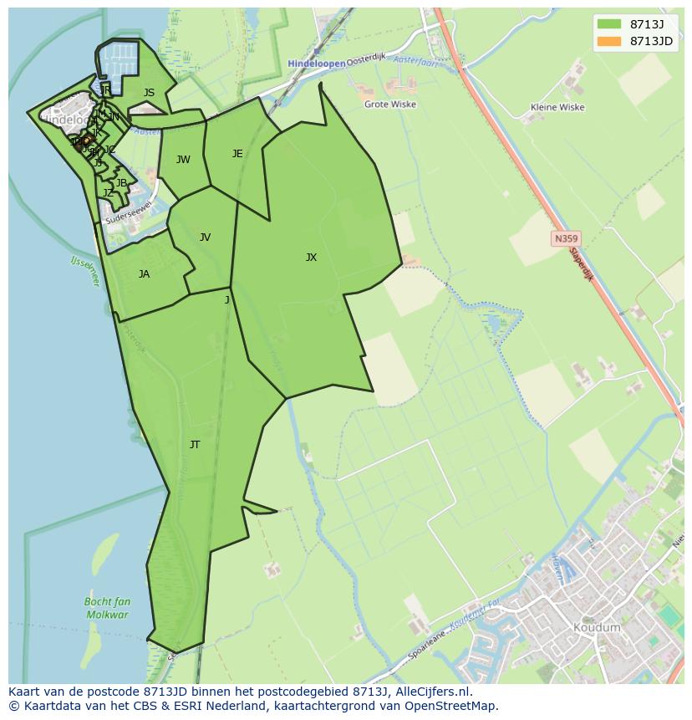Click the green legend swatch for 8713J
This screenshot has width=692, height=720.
pyautogui.click(x=609, y=24)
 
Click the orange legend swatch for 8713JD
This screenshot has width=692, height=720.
pyautogui.click(x=609, y=41)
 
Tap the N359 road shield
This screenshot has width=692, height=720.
pyautogui.click(x=566, y=239)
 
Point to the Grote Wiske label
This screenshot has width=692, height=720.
pyautogui.click(x=390, y=105)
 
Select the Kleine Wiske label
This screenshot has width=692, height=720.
pyautogui.click(x=557, y=107)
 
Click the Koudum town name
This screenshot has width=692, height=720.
pyautogui.click(x=597, y=627)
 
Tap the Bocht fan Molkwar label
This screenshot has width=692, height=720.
pyautogui.click(x=107, y=608)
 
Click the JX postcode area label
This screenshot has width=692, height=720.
pyautogui.click(x=311, y=258)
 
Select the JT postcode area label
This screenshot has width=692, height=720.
pyautogui.click(x=195, y=445)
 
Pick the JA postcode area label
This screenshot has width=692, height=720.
pyautogui.click(x=144, y=274)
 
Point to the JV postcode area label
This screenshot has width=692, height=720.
pyautogui.click(x=205, y=237)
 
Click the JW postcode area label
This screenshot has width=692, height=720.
pyautogui.click(x=183, y=160)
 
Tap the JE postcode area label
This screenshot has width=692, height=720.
pyautogui.click(x=237, y=154)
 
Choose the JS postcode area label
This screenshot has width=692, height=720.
pyautogui.click(x=149, y=94)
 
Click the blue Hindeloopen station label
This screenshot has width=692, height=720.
pyautogui.click(x=316, y=64)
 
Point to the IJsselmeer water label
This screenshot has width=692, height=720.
pyautogui.click(x=84, y=271)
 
